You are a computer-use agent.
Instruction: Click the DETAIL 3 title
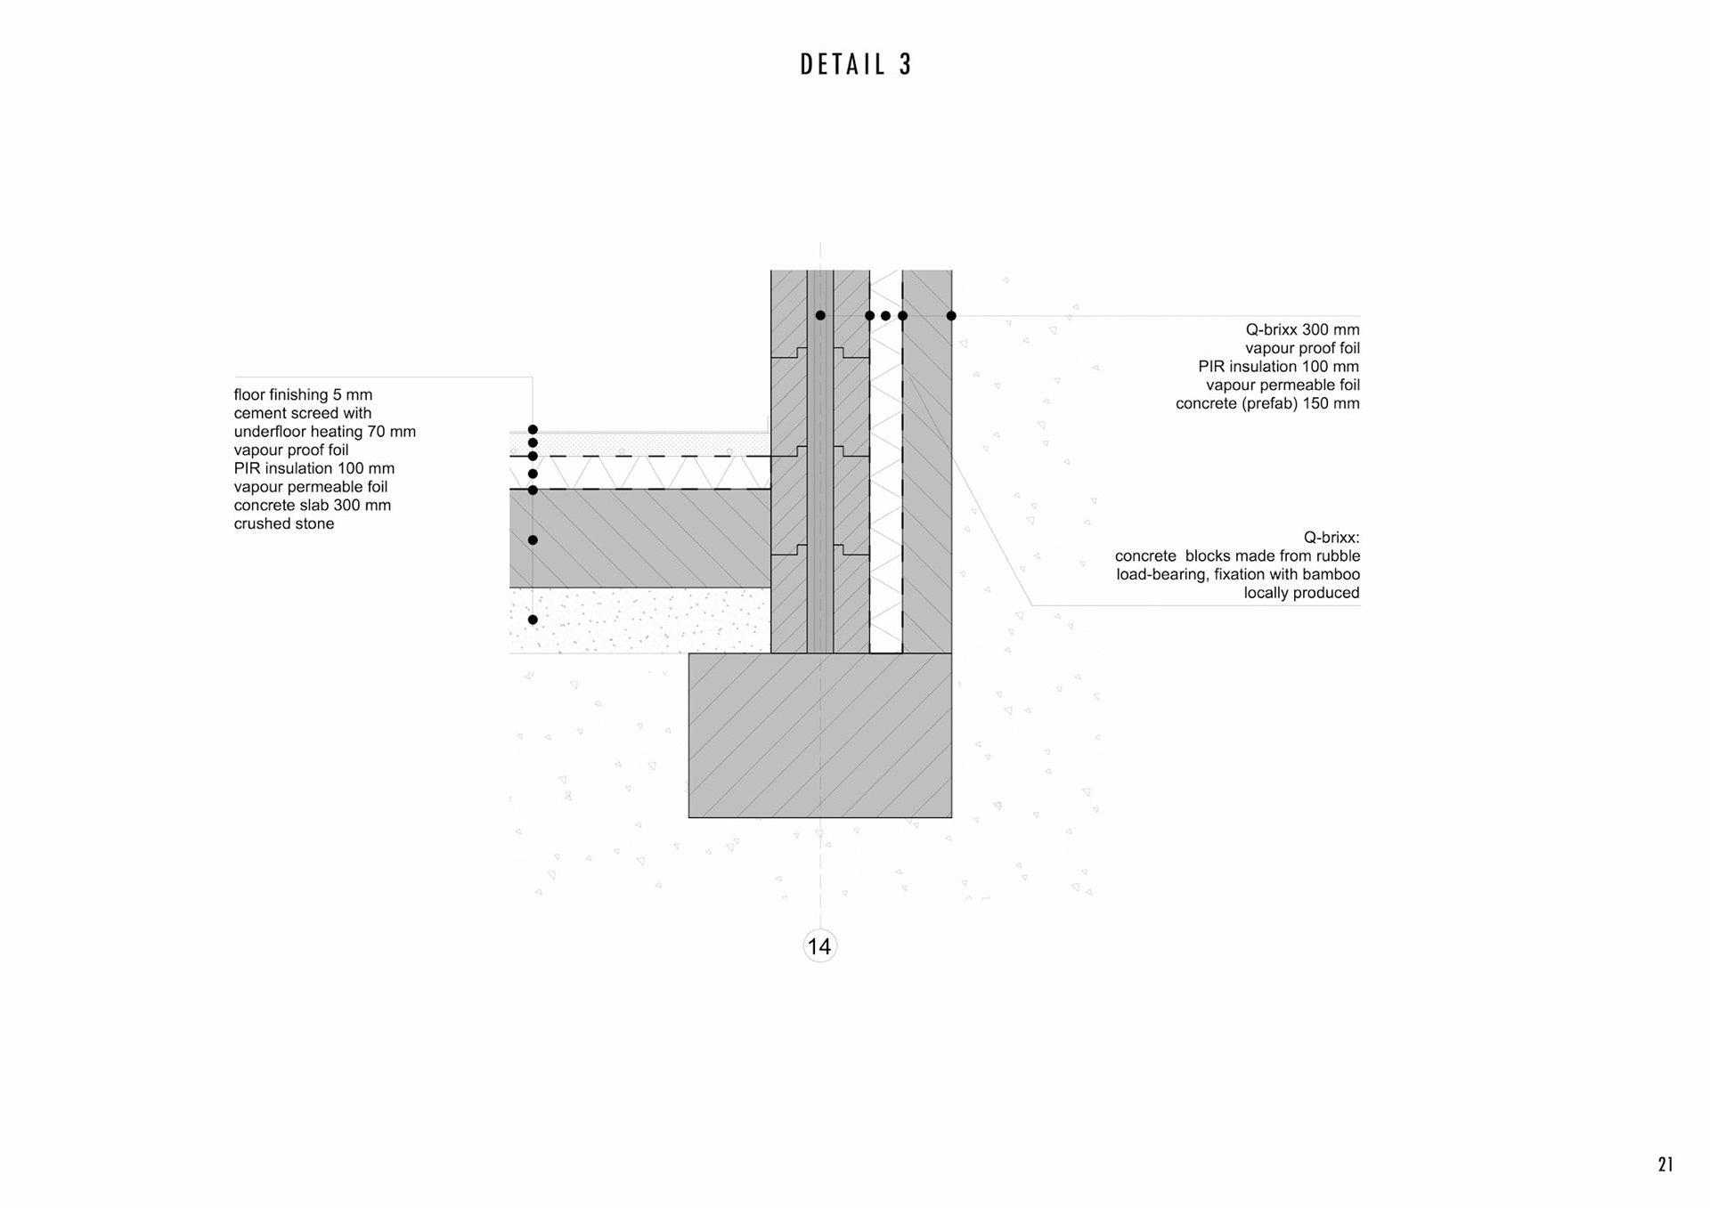click(x=856, y=65)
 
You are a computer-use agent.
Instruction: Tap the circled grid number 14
click(x=819, y=946)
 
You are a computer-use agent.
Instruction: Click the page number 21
click(x=1665, y=1164)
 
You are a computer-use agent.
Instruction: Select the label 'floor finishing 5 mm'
click(x=303, y=394)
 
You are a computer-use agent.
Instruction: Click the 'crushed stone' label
click(x=284, y=523)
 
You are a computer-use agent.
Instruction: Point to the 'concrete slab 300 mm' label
click(x=313, y=505)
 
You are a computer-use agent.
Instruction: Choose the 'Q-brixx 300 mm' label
click(x=1302, y=329)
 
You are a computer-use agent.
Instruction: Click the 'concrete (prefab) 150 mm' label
click(x=1267, y=403)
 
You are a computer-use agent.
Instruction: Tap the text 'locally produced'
click(x=1301, y=593)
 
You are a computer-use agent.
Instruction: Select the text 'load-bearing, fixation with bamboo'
click(x=1238, y=574)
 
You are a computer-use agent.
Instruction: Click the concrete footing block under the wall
click(x=819, y=735)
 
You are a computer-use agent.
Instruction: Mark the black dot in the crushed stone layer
click(x=533, y=620)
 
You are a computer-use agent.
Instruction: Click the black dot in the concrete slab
click(x=533, y=540)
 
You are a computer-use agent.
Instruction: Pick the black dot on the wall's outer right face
click(x=951, y=316)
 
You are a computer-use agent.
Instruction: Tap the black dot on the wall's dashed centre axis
click(x=820, y=316)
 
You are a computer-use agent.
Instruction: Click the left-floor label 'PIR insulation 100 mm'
click(x=314, y=468)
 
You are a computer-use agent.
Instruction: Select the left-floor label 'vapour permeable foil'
click(x=311, y=487)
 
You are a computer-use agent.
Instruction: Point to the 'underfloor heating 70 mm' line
click(x=325, y=432)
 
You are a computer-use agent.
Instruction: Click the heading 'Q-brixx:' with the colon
click(x=1331, y=538)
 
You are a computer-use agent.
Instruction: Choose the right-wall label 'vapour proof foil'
click(x=1302, y=348)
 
